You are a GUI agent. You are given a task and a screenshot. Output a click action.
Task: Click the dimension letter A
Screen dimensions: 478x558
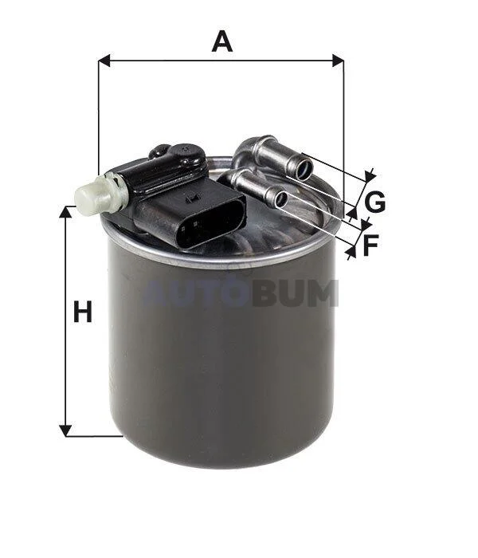[222, 41]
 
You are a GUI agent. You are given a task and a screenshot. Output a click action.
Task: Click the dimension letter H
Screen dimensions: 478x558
[83, 312]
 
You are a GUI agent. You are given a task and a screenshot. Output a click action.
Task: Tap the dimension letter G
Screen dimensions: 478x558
[375, 202]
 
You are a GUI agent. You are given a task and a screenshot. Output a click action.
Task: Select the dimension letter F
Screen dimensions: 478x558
[370, 245]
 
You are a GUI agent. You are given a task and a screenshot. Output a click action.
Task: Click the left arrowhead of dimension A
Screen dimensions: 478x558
[104, 61]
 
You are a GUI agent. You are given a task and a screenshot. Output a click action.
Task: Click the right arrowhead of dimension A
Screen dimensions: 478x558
[338, 61]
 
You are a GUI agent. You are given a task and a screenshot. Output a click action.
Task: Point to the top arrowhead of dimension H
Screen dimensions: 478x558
[65, 212]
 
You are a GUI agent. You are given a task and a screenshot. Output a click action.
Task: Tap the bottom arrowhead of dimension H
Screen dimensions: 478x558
[65, 430]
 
